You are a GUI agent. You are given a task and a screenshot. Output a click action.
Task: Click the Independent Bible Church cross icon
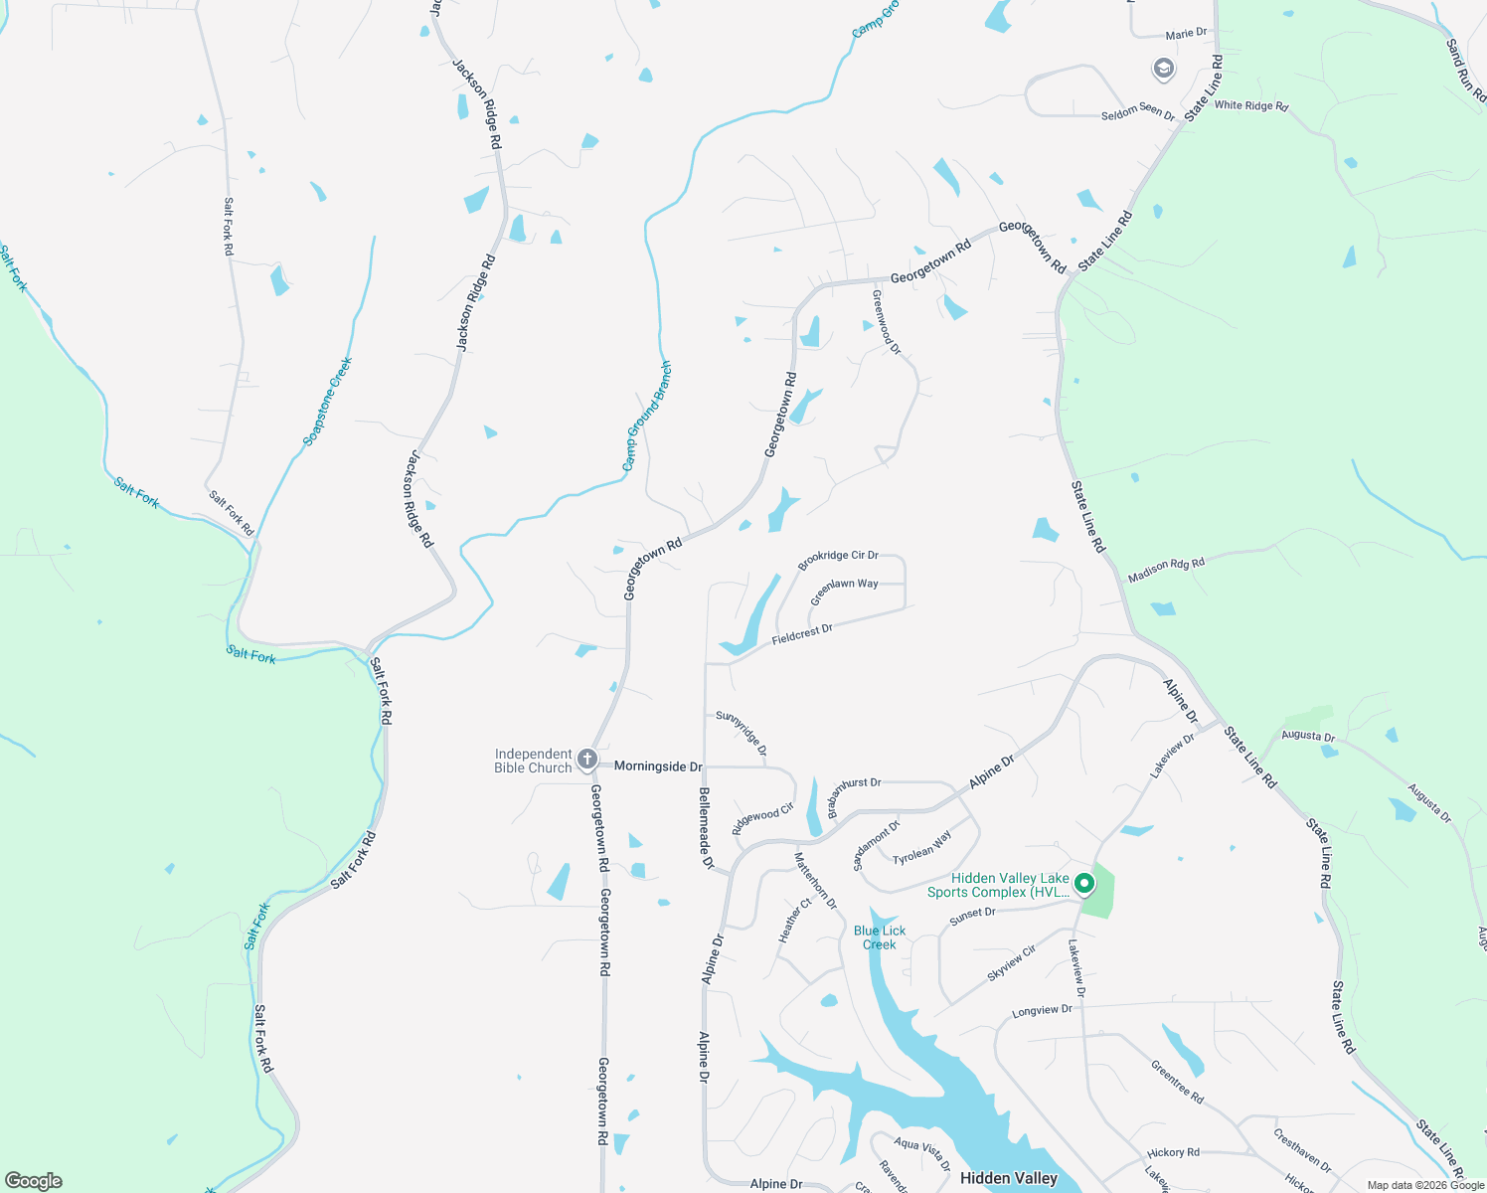[587, 761]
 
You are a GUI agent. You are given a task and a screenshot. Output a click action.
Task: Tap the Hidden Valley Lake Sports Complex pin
[1084, 882]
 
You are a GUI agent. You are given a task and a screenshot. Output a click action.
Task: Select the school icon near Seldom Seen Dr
[1163, 69]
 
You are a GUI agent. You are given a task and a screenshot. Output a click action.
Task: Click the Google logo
[34, 1181]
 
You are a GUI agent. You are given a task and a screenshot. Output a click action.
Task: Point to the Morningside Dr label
[658, 767]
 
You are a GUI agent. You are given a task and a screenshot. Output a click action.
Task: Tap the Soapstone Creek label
[328, 402]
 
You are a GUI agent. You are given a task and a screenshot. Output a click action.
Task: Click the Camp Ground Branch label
[647, 417]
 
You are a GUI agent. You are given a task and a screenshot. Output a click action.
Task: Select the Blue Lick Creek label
[880, 937]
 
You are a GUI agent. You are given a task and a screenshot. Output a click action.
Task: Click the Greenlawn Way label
[844, 592]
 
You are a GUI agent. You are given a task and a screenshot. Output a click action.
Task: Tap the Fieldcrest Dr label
[802, 634]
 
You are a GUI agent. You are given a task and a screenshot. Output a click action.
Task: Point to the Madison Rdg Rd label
[1166, 570]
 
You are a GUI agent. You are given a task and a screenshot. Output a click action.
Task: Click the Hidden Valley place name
[1009, 1178]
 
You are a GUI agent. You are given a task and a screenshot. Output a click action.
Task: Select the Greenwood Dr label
[886, 322]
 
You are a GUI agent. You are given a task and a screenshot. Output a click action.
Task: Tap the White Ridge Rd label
[1250, 105]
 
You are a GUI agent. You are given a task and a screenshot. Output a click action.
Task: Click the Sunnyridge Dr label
[742, 732]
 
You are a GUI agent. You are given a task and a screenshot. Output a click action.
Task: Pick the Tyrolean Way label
[921, 848]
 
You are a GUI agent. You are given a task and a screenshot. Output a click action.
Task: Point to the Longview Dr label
[1042, 1011]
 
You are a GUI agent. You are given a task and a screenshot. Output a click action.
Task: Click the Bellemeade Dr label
[706, 828]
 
